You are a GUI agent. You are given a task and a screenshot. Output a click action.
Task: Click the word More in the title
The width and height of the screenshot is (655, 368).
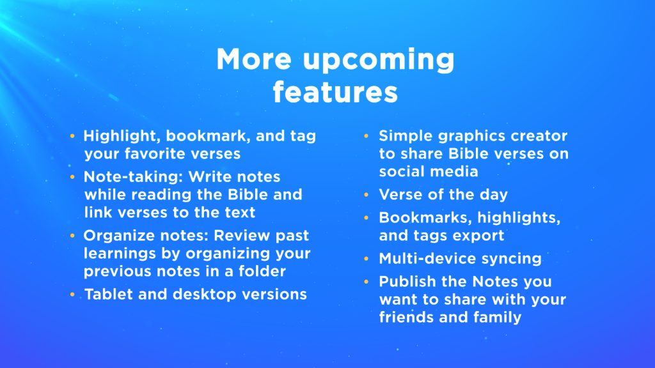(x=254, y=59)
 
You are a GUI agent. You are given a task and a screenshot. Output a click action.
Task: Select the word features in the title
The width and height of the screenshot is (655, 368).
(x=335, y=92)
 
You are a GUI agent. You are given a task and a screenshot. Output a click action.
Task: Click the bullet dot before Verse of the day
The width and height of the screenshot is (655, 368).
(x=367, y=194)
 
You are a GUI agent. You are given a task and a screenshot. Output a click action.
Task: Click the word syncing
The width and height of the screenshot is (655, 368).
(x=511, y=259)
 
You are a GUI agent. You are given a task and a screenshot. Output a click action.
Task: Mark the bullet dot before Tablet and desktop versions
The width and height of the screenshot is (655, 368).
(x=72, y=295)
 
